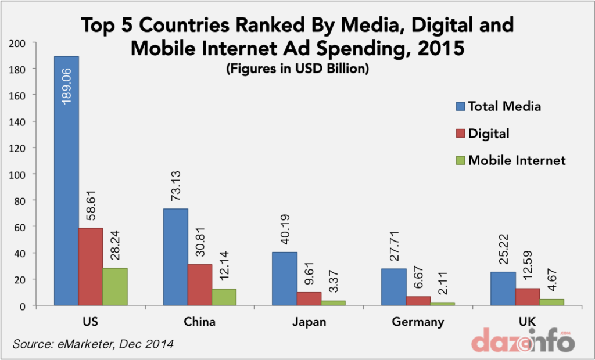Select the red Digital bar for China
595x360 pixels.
[199, 285]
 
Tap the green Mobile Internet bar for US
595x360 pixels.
[115, 287]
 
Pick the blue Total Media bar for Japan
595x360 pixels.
[284, 279]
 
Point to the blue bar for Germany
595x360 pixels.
[393, 287]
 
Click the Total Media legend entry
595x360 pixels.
[504, 106]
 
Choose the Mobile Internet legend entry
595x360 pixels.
[516, 160]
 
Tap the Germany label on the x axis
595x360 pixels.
[418, 322]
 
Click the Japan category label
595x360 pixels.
[309, 322]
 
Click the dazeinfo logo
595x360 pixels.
[522, 340]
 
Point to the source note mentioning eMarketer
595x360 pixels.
[93, 344]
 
